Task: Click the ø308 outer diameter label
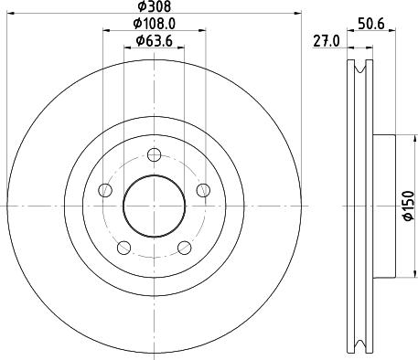click(x=153, y=7)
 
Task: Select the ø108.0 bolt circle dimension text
click(x=154, y=24)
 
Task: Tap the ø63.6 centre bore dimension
click(x=154, y=40)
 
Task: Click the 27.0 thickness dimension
click(x=327, y=39)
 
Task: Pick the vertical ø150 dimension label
click(x=409, y=206)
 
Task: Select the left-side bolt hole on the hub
click(x=104, y=190)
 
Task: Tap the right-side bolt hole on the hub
click(x=203, y=190)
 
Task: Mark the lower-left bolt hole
click(x=123, y=248)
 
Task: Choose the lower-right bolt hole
click(x=184, y=248)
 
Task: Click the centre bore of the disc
click(x=154, y=206)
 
